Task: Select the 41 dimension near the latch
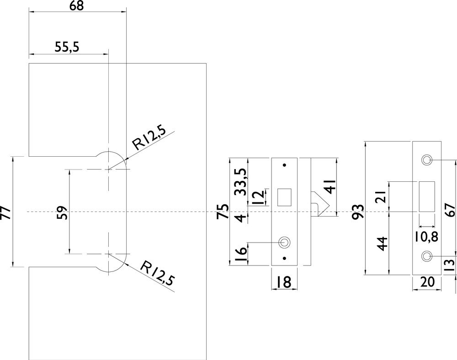[329, 187]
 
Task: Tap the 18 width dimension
[284, 282]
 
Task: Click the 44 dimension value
[383, 243]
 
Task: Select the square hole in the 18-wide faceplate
[284, 196]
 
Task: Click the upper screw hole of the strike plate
[427, 160]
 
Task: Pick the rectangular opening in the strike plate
[427, 196]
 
